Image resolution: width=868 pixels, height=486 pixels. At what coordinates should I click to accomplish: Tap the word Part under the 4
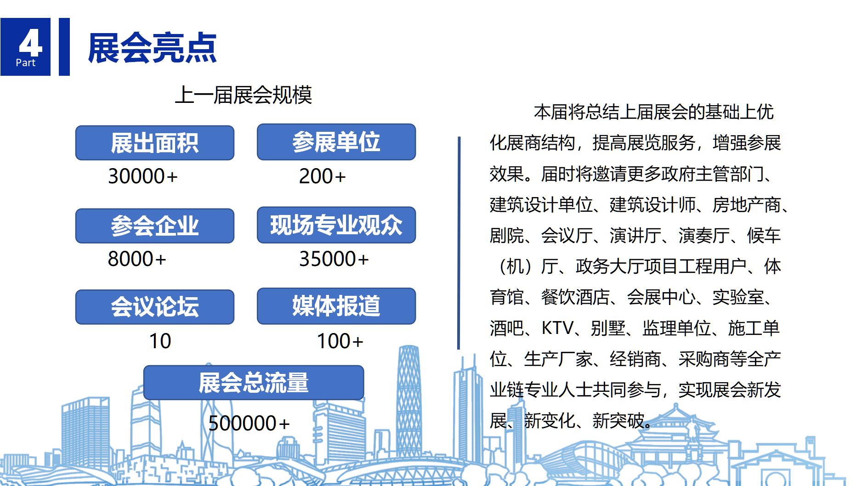pos(25,63)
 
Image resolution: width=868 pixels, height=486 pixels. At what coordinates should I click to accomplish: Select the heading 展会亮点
pos(152,48)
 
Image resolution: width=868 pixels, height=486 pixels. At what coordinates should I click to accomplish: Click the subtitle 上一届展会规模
pos(244,95)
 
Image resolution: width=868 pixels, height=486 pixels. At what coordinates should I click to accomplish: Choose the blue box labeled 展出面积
pos(155,143)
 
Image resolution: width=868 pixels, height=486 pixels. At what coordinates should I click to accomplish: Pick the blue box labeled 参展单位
pos(336,142)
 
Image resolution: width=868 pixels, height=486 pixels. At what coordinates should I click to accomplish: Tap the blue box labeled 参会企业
pos(155,226)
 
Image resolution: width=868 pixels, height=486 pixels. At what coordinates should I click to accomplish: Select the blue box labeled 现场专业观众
pos(336,225)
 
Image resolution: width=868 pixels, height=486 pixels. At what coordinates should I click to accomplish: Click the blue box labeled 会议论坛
pos(155,307)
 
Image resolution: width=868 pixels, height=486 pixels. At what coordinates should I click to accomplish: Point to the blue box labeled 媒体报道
pos(336,306)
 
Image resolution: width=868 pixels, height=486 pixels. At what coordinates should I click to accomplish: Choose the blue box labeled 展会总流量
pos(254,383)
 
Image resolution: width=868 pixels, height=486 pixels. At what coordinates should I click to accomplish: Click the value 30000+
pos(142,176)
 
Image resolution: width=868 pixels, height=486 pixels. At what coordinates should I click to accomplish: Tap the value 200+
pos(322,176)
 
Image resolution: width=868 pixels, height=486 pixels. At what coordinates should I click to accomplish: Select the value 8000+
pos(137,259)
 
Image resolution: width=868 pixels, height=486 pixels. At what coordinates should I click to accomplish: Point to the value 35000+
pos(334,259)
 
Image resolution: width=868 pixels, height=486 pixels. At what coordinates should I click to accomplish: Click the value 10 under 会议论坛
pos(160,341)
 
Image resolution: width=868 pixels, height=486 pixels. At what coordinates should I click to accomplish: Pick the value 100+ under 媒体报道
pos(340,341)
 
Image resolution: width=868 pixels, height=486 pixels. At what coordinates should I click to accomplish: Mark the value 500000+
pos(249,423)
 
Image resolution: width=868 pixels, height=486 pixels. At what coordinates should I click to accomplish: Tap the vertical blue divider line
pos(459,243)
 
